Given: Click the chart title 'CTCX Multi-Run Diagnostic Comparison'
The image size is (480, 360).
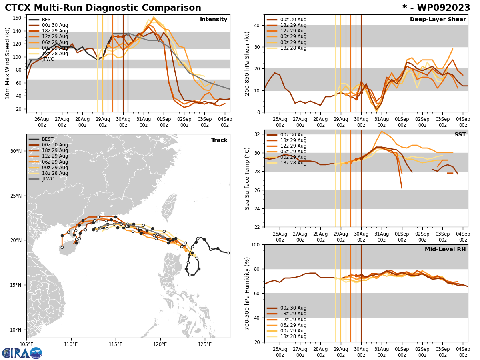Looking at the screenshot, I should coord(103,8).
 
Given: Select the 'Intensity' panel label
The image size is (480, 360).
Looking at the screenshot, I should coord(214,20).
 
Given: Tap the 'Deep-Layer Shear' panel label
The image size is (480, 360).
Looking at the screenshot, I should coord(438,20).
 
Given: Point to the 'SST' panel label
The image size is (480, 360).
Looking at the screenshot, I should coord(460,135).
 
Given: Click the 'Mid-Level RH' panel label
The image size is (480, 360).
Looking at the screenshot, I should coord(445,250).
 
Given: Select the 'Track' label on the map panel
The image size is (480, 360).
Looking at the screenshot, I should coord(219,140).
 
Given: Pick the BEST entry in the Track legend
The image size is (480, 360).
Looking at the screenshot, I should coord(48,139).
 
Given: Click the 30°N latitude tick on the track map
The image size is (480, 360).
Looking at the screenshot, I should coord(16,151).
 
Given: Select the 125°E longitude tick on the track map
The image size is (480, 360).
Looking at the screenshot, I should coord(205,344).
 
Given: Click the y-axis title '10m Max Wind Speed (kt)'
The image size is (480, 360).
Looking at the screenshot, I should coord(7,63).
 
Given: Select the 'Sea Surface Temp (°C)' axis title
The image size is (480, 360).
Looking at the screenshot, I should coord(247,178).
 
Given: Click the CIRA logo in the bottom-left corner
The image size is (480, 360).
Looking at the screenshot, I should coord(22,353).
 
